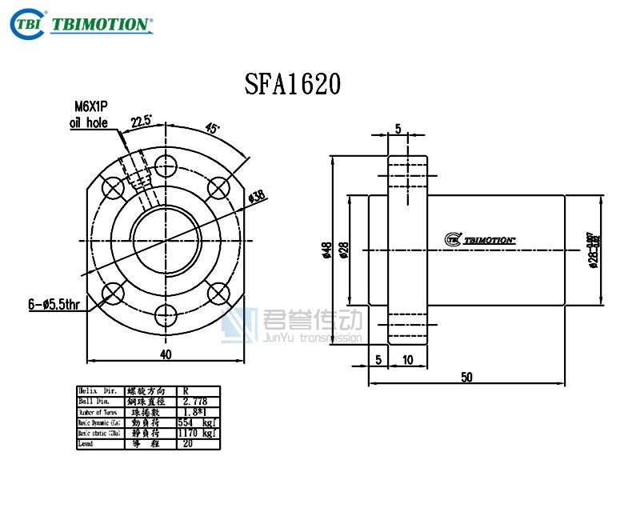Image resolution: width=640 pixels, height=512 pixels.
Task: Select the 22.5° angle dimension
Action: (142, 121)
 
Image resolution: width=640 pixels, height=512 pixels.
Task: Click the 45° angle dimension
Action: (213, 129)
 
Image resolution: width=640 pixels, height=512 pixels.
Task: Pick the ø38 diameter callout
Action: (257, 196)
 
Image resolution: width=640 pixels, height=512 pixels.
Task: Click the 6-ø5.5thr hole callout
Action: (54, 303)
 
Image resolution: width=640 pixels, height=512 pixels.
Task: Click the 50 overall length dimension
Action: (466, 377)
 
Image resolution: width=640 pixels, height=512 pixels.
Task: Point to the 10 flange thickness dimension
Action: (408, 360)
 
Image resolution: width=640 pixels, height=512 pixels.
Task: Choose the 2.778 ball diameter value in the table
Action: (195, 401)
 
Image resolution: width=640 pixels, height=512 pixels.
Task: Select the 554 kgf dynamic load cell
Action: (196, 422)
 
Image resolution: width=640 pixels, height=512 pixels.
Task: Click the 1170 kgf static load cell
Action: (196, 432)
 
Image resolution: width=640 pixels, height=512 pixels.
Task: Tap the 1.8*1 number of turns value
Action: (195, 411)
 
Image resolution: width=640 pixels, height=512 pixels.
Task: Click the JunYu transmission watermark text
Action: (312, 338)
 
